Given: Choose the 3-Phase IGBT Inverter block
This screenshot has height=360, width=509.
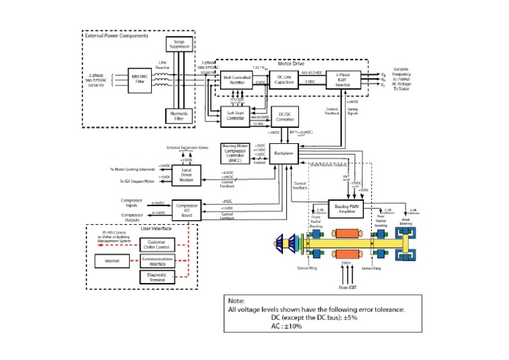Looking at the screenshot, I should click(343, 80).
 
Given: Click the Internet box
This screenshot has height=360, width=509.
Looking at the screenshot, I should click(111, 261).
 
